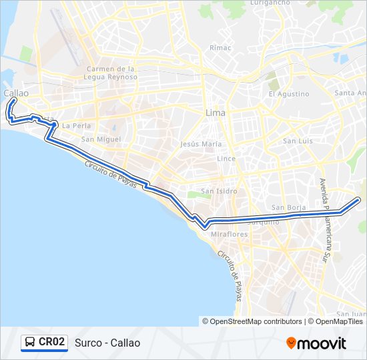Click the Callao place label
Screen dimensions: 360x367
(x=15, y=93)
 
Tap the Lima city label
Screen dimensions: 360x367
(x=216, y=113)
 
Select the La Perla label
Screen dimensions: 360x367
(x=75, y=125)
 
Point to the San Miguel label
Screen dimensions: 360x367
(x=101, y=139)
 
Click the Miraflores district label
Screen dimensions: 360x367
(x=229, y=235)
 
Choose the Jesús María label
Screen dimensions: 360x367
(x=201, y=143)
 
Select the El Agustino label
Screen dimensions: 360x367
(x=288, y=94)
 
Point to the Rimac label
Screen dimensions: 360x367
(x=220, y=48)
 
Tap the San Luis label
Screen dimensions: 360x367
(x=298, y=141)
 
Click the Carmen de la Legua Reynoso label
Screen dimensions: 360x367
(x=112, y=73)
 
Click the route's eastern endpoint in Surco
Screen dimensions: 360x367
(x=359, y=199)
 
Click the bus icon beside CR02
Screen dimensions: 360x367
(x=30, y=343)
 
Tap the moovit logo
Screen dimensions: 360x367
(x=316, y=343)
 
